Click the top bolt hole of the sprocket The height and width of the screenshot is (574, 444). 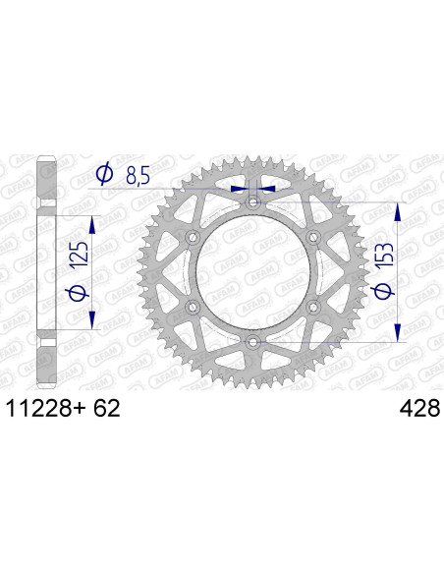(x=253, y=203)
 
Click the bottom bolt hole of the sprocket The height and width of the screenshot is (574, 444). (x=253, y=341)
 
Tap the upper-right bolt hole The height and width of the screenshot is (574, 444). (x=313, y=238)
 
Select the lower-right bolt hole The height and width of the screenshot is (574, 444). (x=313, y=307)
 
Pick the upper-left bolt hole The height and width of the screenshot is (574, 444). (x=194, y=238)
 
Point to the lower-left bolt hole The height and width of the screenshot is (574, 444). (x=194, y=307)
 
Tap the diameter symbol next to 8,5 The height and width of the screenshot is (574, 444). (x=104, y=176)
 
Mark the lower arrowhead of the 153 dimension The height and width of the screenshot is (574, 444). (x=398, y=334)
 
